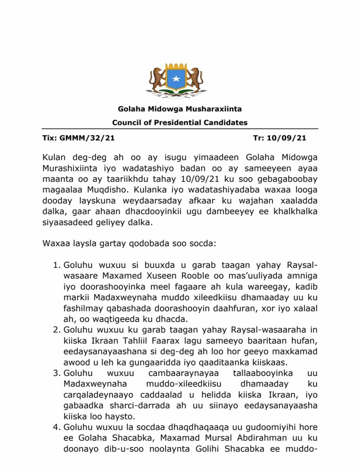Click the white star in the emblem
[x=177, y=79]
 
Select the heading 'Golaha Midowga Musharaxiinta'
[x=180, y=110]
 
